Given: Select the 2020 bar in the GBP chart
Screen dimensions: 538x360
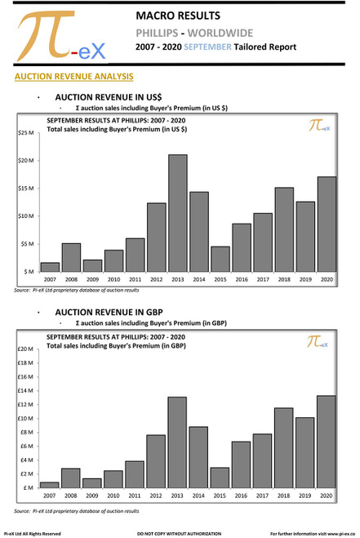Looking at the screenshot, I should (x=326, y=442).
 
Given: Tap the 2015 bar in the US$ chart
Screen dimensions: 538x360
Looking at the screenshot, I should (x=220, y=260).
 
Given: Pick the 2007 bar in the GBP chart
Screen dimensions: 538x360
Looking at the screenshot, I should (x=49, y=485).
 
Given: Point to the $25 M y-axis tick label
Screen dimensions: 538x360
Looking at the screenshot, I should (x=25, y=132).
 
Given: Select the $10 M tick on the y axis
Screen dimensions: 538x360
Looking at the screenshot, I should (x=25, y=216).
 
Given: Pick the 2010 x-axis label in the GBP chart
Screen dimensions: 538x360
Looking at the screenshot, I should (x=113, y=496).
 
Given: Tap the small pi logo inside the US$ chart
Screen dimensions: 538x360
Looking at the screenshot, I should (x=318, y=126).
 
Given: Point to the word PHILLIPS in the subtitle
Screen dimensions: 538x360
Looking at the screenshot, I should (x=166, y=33).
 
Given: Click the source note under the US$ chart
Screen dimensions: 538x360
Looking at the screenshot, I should (x=77, y=291).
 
